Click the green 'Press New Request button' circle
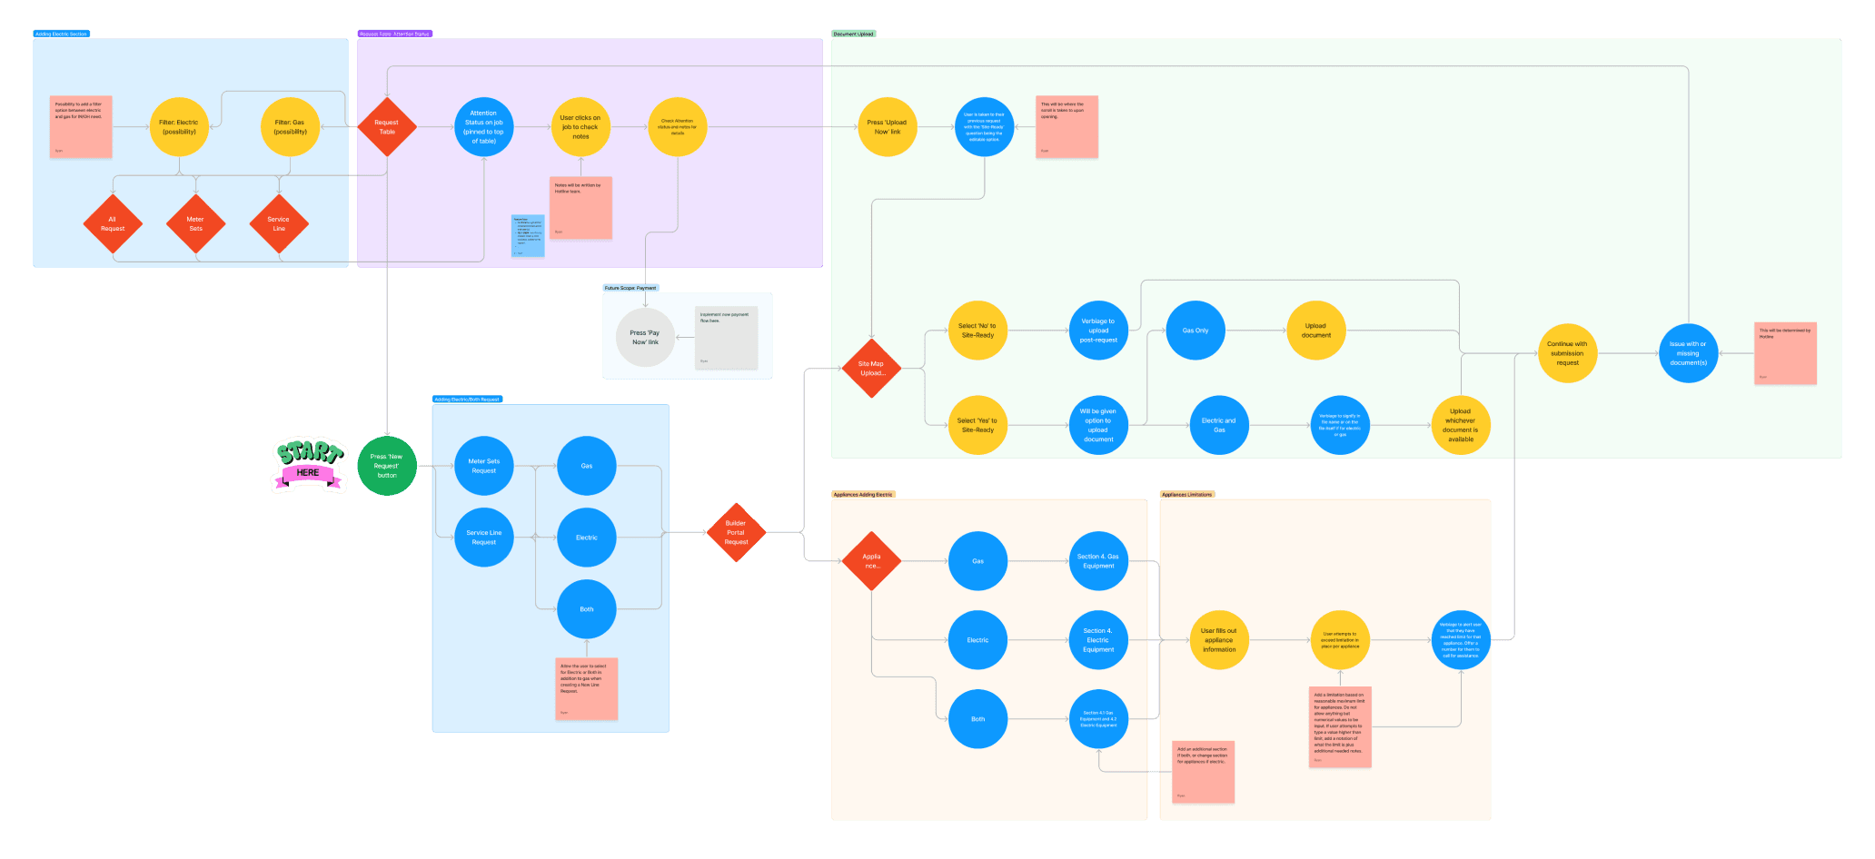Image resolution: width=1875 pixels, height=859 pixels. (x=387, y=466)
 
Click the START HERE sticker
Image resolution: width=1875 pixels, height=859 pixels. (x=309, y=465)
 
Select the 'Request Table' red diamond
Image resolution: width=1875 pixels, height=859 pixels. (x=387, y=127)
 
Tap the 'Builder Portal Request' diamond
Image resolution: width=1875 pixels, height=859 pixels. (x=736, y=532)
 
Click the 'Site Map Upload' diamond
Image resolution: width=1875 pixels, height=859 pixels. (x=871, y=368)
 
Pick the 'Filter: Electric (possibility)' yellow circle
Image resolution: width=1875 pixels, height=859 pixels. (x=179, y=127)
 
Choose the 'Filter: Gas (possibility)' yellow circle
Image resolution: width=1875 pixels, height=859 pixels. (x=290, y=127)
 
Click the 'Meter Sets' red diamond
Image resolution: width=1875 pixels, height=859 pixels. (x=195, y=223)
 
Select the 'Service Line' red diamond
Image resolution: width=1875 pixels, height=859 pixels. (x=279, y=223)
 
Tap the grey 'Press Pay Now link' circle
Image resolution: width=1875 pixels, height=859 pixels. (x=645, y=337)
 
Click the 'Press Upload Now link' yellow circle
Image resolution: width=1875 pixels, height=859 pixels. (x=887, y=127)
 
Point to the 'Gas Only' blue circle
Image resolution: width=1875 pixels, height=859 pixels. (x=1195, y=331)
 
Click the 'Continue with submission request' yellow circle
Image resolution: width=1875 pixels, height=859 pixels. (x=1567, y=353)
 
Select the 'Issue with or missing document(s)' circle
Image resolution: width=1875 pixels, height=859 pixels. (x=1688, y=353)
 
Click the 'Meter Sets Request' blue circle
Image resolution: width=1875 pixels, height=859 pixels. (x=484, y=466)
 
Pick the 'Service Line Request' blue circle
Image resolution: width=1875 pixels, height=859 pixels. (x=484, y=538)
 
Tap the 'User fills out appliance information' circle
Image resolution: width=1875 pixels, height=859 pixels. (x=1219, y=640)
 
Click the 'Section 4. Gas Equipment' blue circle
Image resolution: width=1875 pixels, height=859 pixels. (x=1098, y=561)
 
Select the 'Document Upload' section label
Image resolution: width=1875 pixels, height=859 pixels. (x=853, y=34)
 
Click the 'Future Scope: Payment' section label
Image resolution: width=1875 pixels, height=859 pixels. (x=630, y=288)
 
